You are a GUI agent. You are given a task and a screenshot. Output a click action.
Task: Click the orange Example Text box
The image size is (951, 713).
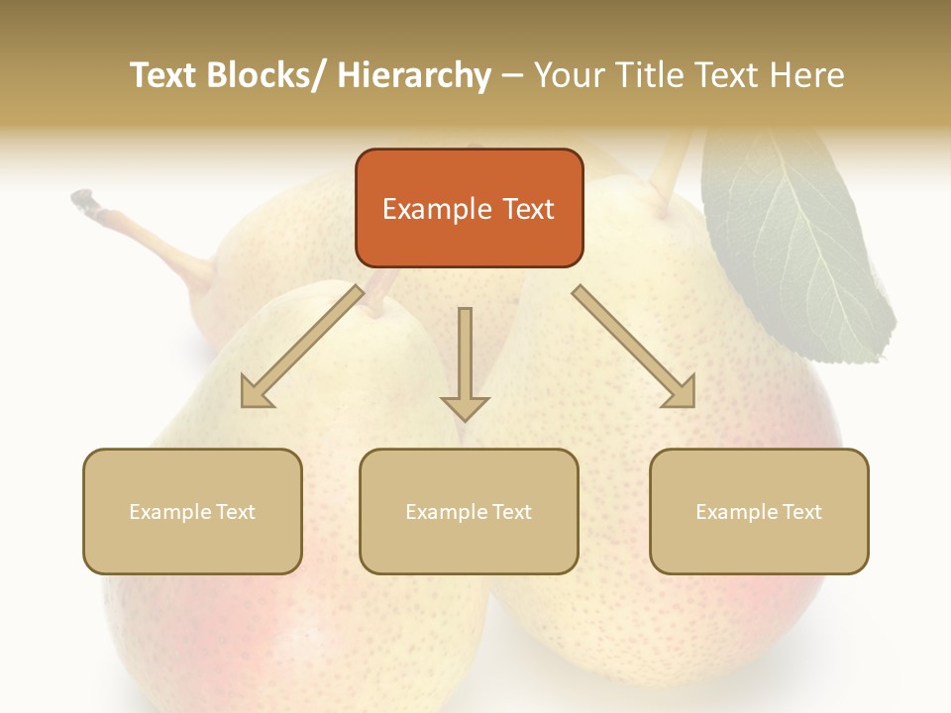[x=469, y=208]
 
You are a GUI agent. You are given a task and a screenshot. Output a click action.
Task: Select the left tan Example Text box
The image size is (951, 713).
[x=192, y=511]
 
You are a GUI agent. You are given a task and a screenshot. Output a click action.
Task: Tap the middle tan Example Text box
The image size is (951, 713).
[x=469, y=511]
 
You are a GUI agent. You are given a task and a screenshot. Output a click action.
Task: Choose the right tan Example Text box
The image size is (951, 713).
[x=759, y=511]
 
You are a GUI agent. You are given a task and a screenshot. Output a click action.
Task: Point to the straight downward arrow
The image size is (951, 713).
[x=465, y=362]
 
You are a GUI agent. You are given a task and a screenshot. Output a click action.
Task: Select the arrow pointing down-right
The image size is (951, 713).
[x=634, y=347]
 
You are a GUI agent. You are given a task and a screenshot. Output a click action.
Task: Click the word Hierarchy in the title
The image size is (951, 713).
[x=414, y=75]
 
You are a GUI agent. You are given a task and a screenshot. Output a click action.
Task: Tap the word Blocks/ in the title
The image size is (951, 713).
[x=271, y=75]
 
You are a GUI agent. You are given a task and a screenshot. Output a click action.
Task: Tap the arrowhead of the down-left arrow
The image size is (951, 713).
[x=256, y=393]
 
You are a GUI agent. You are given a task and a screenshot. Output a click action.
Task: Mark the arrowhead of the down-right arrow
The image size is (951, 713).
[x=681, y=393]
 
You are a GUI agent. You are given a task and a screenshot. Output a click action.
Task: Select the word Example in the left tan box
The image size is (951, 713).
[x=169, y=511]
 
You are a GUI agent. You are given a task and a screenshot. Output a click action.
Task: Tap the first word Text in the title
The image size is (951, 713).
[x=164, y=75]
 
